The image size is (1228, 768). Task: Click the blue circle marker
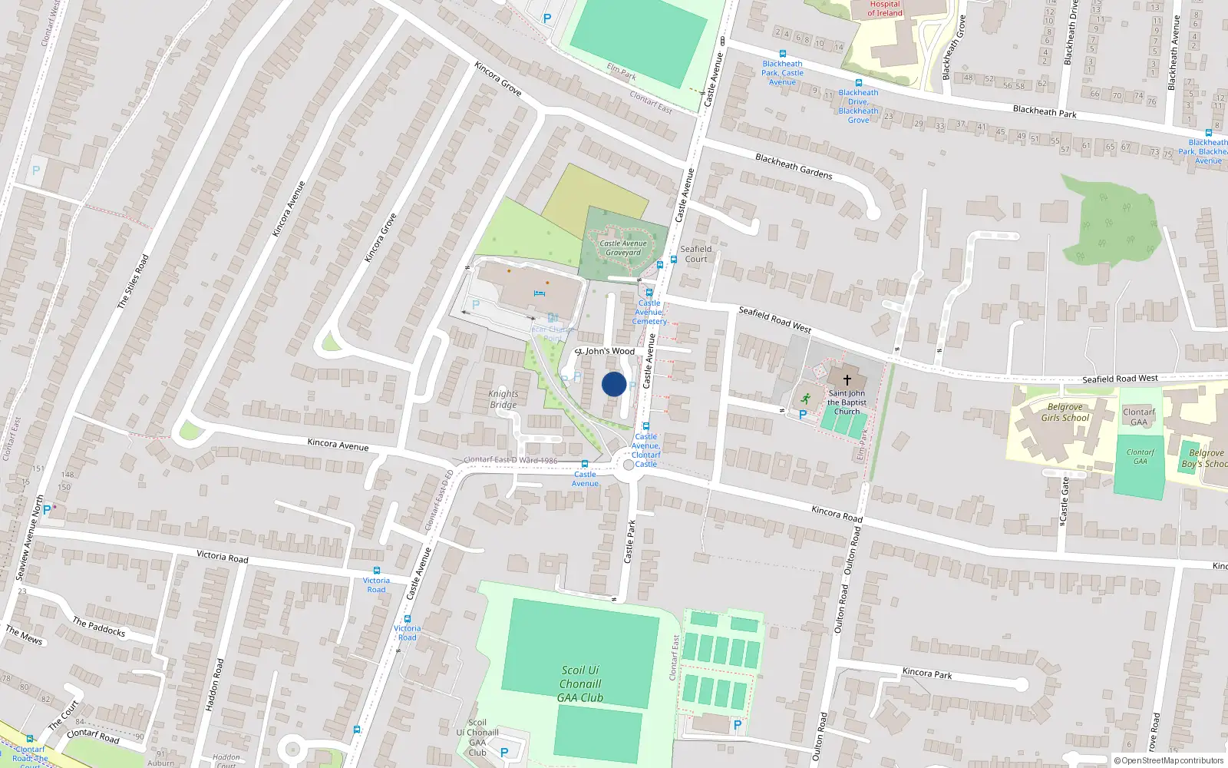(614, 384)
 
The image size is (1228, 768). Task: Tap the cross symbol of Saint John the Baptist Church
(847, 380)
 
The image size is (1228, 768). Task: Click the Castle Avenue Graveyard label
(623, 248)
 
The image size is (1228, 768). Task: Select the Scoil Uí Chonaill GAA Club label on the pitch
(580, 684)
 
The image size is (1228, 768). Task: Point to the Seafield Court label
(696, 254)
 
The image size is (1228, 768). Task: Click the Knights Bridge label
(503, 399)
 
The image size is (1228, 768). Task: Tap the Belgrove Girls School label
(1065, 412)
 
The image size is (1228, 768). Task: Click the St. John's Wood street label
(606, 351)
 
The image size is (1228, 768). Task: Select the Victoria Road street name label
(223, 556)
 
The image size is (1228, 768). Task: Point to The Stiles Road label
(133, 282)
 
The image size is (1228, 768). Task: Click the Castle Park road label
(629, 541)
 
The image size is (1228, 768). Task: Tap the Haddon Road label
(216, 684)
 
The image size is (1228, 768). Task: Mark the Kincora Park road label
(927, 674)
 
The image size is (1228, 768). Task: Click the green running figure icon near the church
(805, 399)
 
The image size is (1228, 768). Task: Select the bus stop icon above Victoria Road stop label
(376, 571)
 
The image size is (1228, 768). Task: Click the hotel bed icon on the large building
(539, 293)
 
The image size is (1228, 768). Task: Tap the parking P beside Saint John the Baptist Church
(803, 415)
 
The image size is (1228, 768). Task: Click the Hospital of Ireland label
(885, 8)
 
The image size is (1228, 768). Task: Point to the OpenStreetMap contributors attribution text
(1169, 761)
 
